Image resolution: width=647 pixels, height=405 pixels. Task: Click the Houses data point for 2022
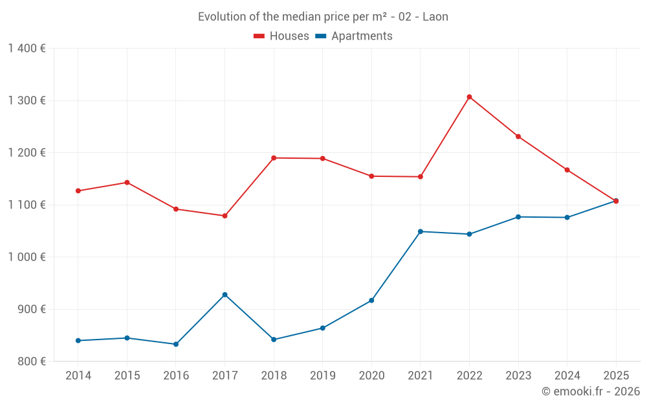pos(469,97)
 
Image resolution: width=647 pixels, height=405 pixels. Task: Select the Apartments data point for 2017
pos(225,295)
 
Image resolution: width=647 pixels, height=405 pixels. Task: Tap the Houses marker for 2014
pos(78,191)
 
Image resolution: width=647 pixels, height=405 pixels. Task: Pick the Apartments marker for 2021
pos(421,231)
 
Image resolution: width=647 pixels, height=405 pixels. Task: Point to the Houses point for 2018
pos(274,158)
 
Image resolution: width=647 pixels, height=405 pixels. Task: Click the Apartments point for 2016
pos(176,344)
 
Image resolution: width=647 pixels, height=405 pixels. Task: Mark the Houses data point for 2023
pos(518,137)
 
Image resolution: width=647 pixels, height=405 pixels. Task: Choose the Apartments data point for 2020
pos(371,301)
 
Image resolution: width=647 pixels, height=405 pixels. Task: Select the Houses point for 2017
pos(225,216)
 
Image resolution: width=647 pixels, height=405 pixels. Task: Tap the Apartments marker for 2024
pos(567,218)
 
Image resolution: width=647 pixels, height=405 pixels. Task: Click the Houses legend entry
pos(281,36)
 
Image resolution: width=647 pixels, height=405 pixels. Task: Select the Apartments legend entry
pos(354,36)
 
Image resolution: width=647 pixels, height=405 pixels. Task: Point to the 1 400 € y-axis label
pos(27,49)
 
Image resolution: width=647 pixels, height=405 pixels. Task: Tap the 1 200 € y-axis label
pos(27,153)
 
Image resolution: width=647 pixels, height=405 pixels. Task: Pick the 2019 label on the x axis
pos(322,376)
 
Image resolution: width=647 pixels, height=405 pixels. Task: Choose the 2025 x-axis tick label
pos(616,376)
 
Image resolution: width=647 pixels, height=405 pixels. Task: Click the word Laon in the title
pos(435,17)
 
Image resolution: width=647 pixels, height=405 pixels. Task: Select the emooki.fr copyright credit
pos(591,391)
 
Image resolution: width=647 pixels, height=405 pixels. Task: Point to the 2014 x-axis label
pos(78,376)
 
